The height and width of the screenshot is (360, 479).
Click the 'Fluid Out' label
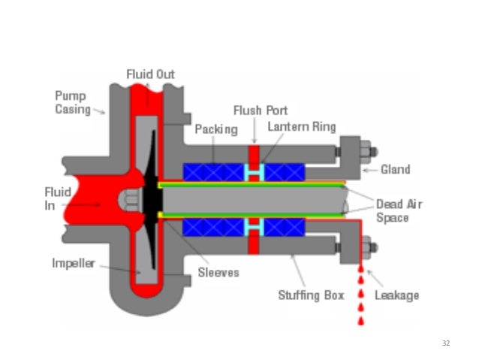149,74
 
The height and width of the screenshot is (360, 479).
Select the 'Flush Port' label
260,110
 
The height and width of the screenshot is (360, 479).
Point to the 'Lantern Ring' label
301,126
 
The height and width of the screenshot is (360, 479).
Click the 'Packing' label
215,129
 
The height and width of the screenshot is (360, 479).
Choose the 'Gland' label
395,169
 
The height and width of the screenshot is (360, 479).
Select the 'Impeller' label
73,264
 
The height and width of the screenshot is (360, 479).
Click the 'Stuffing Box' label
311,295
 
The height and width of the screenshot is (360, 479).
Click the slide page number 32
446,343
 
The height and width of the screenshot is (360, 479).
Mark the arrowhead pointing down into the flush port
254,141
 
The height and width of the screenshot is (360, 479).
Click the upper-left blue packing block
213,172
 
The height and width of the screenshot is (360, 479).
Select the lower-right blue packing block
282,228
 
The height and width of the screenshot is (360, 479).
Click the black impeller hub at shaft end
150,199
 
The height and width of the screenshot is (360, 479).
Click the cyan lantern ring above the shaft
254,172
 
